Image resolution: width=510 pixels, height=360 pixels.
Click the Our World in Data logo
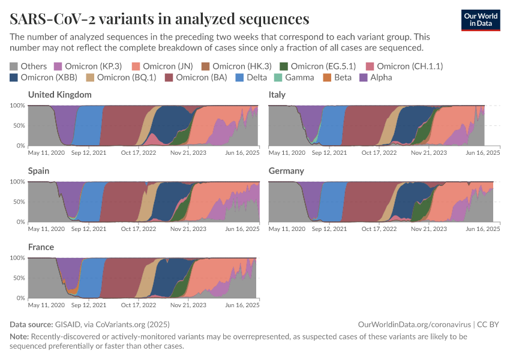point(480,19)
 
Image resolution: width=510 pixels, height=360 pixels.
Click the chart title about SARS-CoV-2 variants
point(160,19)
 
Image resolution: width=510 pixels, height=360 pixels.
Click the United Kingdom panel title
point(60,95)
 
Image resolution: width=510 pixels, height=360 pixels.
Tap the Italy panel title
point(277,95)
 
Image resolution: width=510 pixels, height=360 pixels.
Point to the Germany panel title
point(286,171)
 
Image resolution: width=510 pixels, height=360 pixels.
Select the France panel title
point(41,247)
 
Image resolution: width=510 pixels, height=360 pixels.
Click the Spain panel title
point(39,171)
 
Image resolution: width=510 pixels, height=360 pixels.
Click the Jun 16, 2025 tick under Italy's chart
point(483,153)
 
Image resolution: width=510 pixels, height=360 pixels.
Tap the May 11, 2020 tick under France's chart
point(46,305)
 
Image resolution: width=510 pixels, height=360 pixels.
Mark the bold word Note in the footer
point(19,337)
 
